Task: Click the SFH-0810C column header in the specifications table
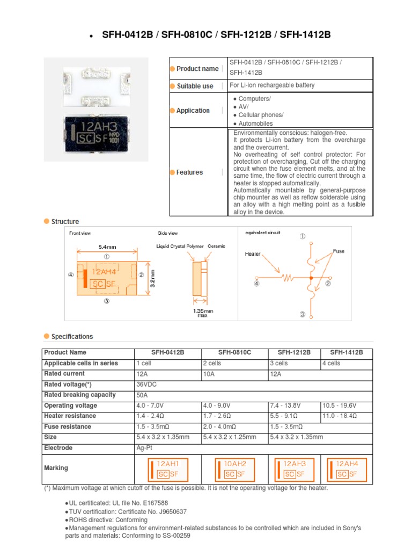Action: click(234, 353)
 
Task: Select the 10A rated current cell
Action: click(210, 374)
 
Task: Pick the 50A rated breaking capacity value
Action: click(142, 395)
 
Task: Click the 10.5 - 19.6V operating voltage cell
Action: click(340, 406)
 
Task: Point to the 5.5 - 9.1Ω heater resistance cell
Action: click(284, 416)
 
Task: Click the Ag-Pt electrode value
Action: click(144, 448)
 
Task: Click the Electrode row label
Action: click(58, 448)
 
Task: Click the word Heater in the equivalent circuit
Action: click(252, 253)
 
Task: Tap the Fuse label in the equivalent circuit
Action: click(339, 251)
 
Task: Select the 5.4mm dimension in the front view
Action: click(107, 247)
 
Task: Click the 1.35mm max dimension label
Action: click(203, 313)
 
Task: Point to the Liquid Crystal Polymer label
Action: click(180, 246)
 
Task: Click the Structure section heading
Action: click(65, 221)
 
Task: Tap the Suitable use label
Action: click(195, 86)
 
